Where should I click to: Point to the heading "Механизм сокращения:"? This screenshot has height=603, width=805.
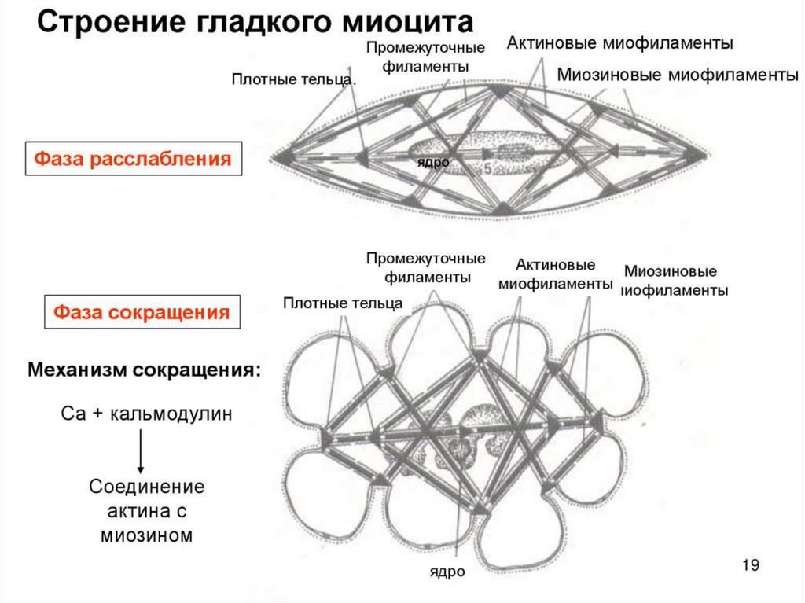(145, 370)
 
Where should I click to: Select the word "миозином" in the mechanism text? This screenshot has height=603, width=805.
(147, 535)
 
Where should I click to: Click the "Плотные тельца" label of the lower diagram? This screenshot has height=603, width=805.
(344, 303)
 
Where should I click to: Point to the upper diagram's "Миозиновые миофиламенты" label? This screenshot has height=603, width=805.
(678, 75)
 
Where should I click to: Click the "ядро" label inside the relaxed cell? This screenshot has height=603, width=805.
(433, 162)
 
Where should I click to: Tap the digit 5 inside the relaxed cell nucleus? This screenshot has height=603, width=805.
(487, 167)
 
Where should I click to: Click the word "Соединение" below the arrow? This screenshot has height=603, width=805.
(147, 487)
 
